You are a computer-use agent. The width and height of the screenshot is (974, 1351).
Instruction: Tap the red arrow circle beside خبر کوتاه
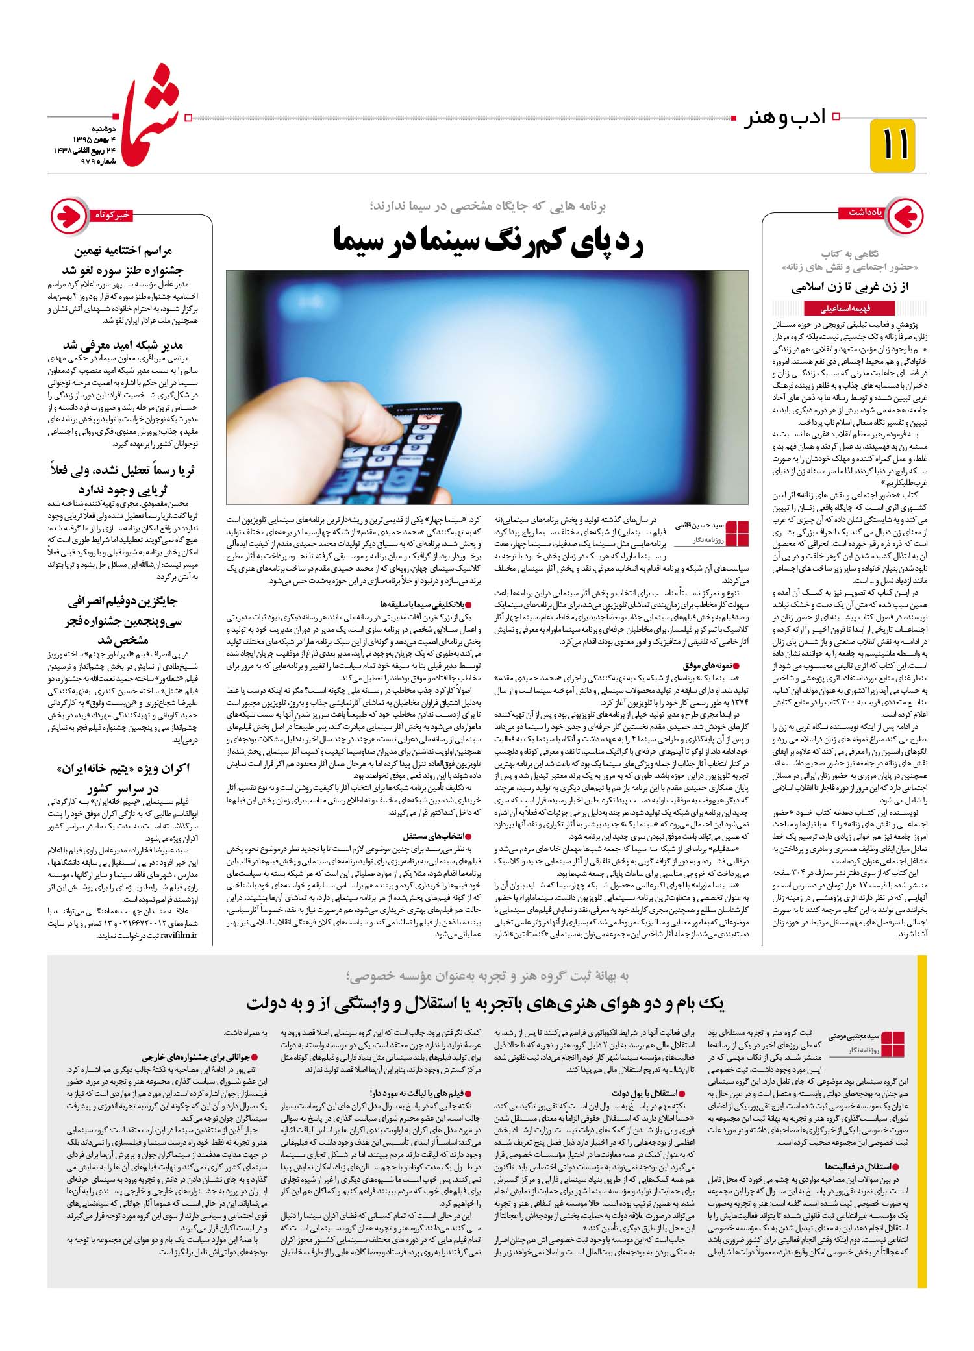click(70, 215)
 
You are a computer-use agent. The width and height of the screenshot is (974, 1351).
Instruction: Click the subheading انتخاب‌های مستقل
click(436, 837)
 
